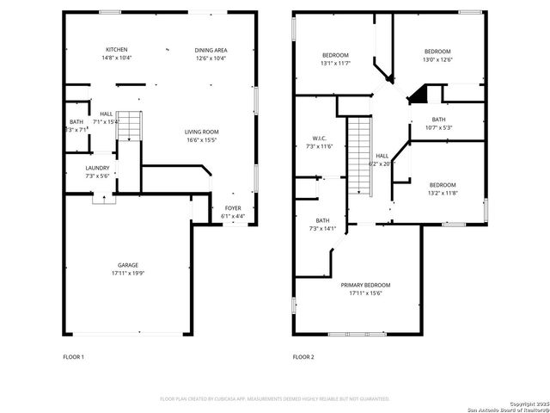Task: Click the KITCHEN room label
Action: [116, 49]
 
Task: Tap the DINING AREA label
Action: [211, 49]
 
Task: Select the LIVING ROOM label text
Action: [202, 132]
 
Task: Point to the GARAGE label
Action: [128, 264]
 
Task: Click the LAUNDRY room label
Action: [96, 168]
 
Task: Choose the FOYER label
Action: [233, 208]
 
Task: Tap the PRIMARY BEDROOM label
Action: [365, 285]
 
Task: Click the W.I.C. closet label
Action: [319, 139]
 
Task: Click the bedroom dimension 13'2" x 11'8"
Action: [443, 193]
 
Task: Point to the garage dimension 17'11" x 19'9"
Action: [128, 273]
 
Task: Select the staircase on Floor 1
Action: [128, 126]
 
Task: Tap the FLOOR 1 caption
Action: [74, 356]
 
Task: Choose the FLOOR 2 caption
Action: [303, 356]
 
